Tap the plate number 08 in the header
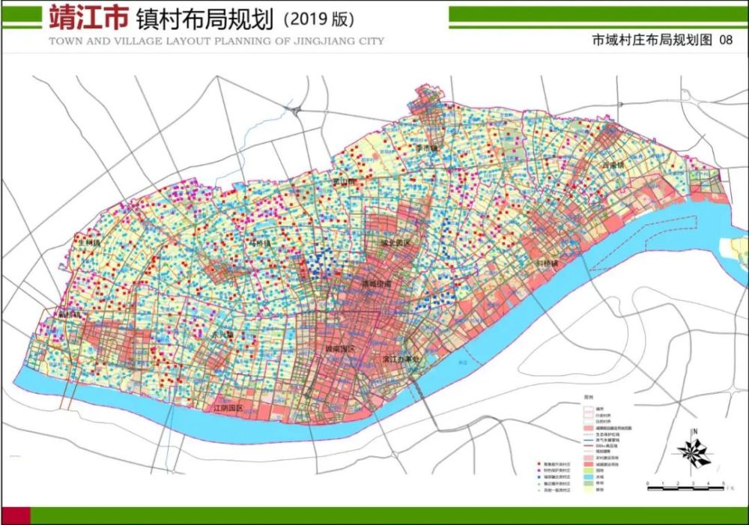[724, 41]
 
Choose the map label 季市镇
[426, 149]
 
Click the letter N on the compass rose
[696, 431]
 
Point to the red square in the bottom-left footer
[16, 515]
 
